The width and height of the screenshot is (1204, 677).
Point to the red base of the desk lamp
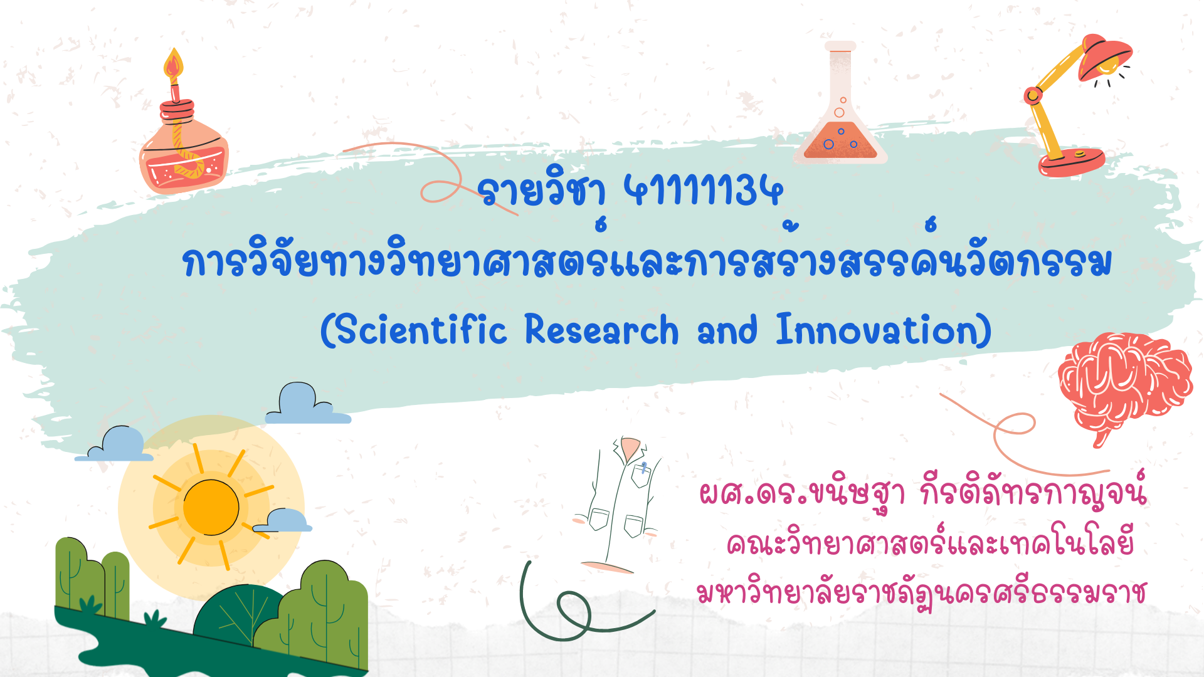(1072, 162)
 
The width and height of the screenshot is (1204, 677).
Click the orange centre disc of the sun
(211, 507)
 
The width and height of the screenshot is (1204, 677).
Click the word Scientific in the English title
(421, 330)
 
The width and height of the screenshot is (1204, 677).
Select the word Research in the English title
(601, 330)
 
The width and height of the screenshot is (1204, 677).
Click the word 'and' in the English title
(727, 330)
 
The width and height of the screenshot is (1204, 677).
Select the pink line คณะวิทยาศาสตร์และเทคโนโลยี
(930, 542)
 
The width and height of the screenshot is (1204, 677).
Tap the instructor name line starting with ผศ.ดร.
(922, 493)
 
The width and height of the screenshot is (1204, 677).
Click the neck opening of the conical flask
(840, 46)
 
